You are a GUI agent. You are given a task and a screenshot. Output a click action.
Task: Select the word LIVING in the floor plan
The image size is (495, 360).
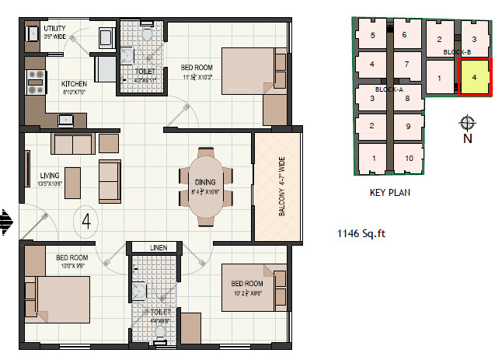coord(49,175)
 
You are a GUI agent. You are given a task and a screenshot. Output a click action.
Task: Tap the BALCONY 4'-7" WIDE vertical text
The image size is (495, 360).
coord(277,187)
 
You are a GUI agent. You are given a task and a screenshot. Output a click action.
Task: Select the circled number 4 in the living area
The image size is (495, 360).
coord(87,222)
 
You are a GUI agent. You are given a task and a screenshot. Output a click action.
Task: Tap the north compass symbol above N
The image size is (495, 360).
coord(467,123)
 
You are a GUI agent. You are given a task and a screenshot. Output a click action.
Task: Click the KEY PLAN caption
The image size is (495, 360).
coord(390,192)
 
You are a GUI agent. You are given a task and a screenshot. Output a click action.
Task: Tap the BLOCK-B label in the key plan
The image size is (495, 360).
coord(457,52)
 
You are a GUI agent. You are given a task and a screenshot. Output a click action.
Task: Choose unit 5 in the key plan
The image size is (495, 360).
coord(372,35)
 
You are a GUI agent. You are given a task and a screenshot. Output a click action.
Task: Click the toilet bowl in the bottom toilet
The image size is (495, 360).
coord(160,330)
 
